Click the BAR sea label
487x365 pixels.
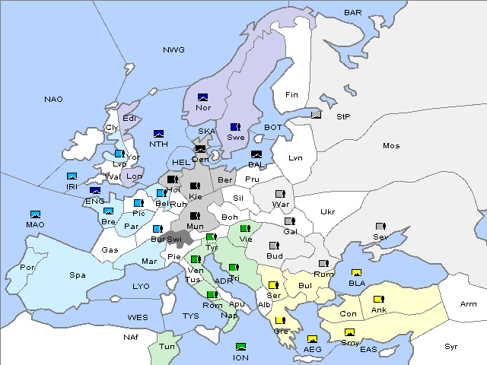pyautogui.click(x=353, y=12)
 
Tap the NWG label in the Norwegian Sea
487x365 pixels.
pyautogui.click(x=173, y=49)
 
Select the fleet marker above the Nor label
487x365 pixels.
pyautogui.click(x=203, y=97)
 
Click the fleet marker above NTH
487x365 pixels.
pyautogui.click(x=159, y=134)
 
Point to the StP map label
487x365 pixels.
pyautogui.click(x=344, y=116)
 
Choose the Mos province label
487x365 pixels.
pyautogui.click(x=391, y=145)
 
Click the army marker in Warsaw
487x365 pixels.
pyautogui.click(x=279, y=194)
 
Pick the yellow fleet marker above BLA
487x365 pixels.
pyautogui.click(x=356, y=273)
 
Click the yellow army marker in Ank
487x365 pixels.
pyautogui.click(x=378, y=299)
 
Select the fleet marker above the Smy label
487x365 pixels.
pyautogui.click(x=350, y=332)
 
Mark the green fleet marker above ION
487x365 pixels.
pyautogui.click(x=240, y=347)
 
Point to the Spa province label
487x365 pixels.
pyautogui.click(x=78, y=275)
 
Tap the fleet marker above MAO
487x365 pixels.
pyautogui.click(x=35, y=214)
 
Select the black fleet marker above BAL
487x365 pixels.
pyautogui.click(x=256, y=154)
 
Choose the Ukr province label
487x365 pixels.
pyautogui.click(x=327, y=211)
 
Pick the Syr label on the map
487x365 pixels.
pyautogui.click(x=452, y=346)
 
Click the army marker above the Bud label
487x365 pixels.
pyautogui.click(x=275, y=246)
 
